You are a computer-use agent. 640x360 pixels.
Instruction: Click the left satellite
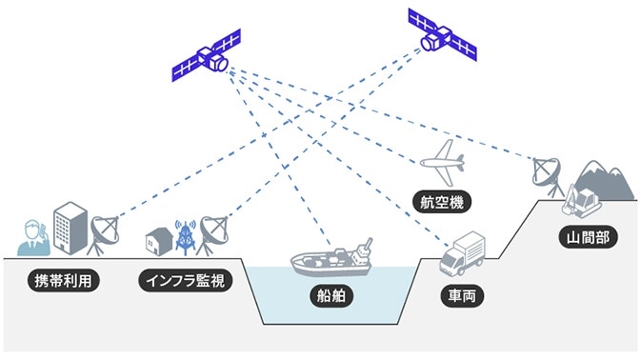(x=206, y=62)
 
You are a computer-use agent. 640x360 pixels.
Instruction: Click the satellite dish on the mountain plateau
(x=547, y=174)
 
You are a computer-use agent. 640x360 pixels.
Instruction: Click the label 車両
(x=461, y=296)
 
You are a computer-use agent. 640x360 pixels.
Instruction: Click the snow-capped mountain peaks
(x=604, y=177)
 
